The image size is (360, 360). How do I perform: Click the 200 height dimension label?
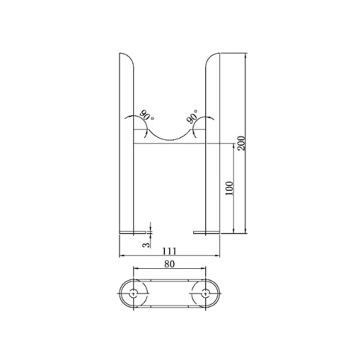(x=241, y=143)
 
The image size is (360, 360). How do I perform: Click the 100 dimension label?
(x=229, y=188)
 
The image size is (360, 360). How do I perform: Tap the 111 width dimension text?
(x=169, y=251)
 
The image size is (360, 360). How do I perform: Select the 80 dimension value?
(x=169, y=264)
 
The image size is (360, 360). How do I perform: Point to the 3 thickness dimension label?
(x=146, y=245)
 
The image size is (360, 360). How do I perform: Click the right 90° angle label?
(x=192, y=116)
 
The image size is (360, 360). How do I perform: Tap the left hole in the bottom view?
(x=133, y=293)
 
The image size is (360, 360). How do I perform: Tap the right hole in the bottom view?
(x=205, y=293)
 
